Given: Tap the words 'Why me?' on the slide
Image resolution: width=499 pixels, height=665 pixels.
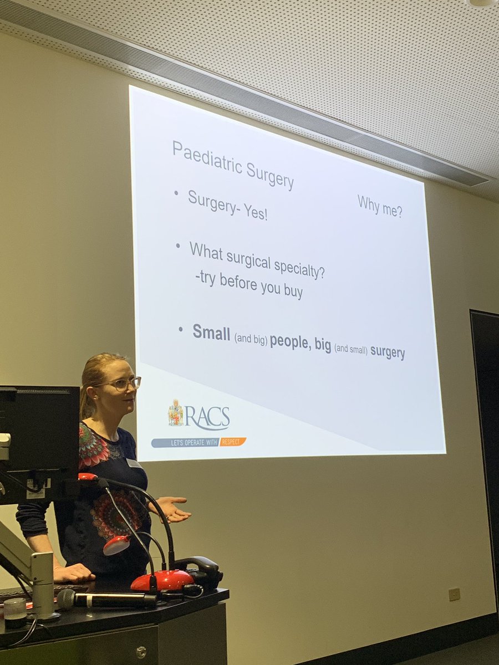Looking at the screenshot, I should [380, 206].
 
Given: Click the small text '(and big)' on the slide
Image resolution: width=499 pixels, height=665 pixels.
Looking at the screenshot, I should [251, 337].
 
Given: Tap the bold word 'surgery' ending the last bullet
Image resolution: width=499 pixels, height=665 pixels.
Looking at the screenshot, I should [388, 352].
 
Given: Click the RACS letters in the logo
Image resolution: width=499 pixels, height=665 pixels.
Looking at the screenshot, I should [207, 417].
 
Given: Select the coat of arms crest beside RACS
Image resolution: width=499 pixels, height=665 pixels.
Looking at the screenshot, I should [176, 413].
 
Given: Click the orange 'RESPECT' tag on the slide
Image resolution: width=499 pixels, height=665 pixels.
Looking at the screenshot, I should [233, 442].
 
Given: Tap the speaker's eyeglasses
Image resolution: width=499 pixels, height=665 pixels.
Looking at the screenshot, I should [125, 383].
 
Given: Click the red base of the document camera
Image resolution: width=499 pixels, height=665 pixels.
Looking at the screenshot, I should [162, 580].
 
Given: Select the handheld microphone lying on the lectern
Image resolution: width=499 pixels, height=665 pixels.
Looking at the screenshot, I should [105, 599].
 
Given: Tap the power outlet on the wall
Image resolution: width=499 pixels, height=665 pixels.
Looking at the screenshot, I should [455, 594].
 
